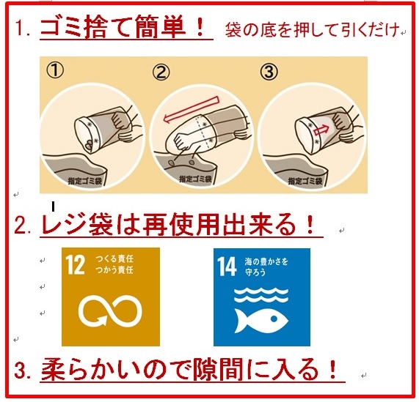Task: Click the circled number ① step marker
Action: [55, 70]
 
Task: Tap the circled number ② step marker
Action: [161, 72]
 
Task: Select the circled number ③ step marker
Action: [269, 72]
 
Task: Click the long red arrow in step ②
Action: [192, 110]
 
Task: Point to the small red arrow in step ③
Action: [321, 130]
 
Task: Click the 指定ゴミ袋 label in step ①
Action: [84, 181]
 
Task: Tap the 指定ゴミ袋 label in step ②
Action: [195, 179]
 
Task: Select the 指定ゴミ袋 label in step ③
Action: [305, 181]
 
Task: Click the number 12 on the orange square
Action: [75, 264]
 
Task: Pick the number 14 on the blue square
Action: [227, 267]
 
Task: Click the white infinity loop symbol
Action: [110, 310]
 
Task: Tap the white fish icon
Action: [261, 321]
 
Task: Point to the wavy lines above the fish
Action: [261, 295]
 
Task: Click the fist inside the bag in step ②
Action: [183, 140]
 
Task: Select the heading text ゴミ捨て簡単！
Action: [123, 26]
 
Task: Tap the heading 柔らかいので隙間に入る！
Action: [189, 369]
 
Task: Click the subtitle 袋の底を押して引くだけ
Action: [312, 29]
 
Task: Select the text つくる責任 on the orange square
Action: [114, 259]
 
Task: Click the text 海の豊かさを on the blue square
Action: [266, 261]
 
